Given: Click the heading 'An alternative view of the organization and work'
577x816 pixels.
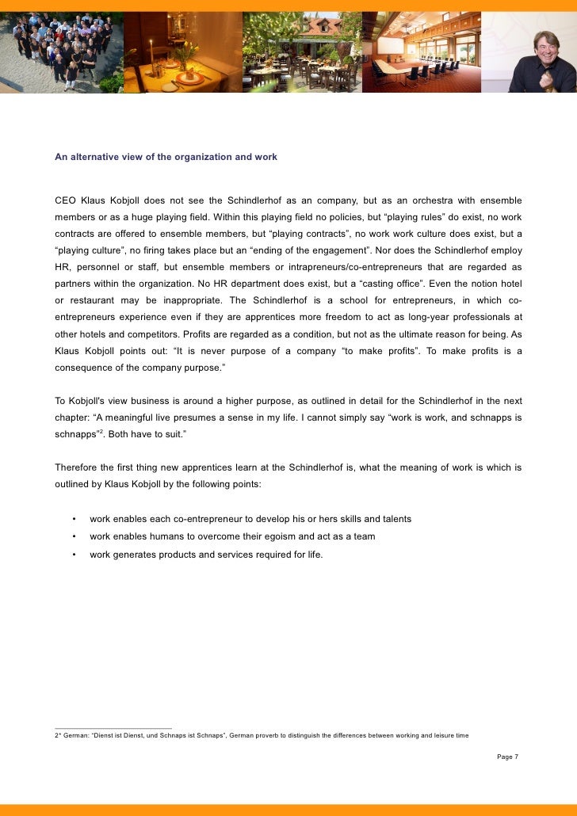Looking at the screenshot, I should point(166,157).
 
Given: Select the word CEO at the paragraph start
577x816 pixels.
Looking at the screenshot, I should point(66,200).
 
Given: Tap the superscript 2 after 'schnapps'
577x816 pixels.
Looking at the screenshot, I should point(101,432).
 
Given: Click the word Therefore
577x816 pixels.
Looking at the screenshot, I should point(79,467).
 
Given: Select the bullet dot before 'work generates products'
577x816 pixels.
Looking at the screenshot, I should point(73,555).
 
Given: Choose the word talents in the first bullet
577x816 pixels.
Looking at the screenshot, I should point(394,519).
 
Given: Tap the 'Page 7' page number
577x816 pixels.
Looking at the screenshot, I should point(507,757).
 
